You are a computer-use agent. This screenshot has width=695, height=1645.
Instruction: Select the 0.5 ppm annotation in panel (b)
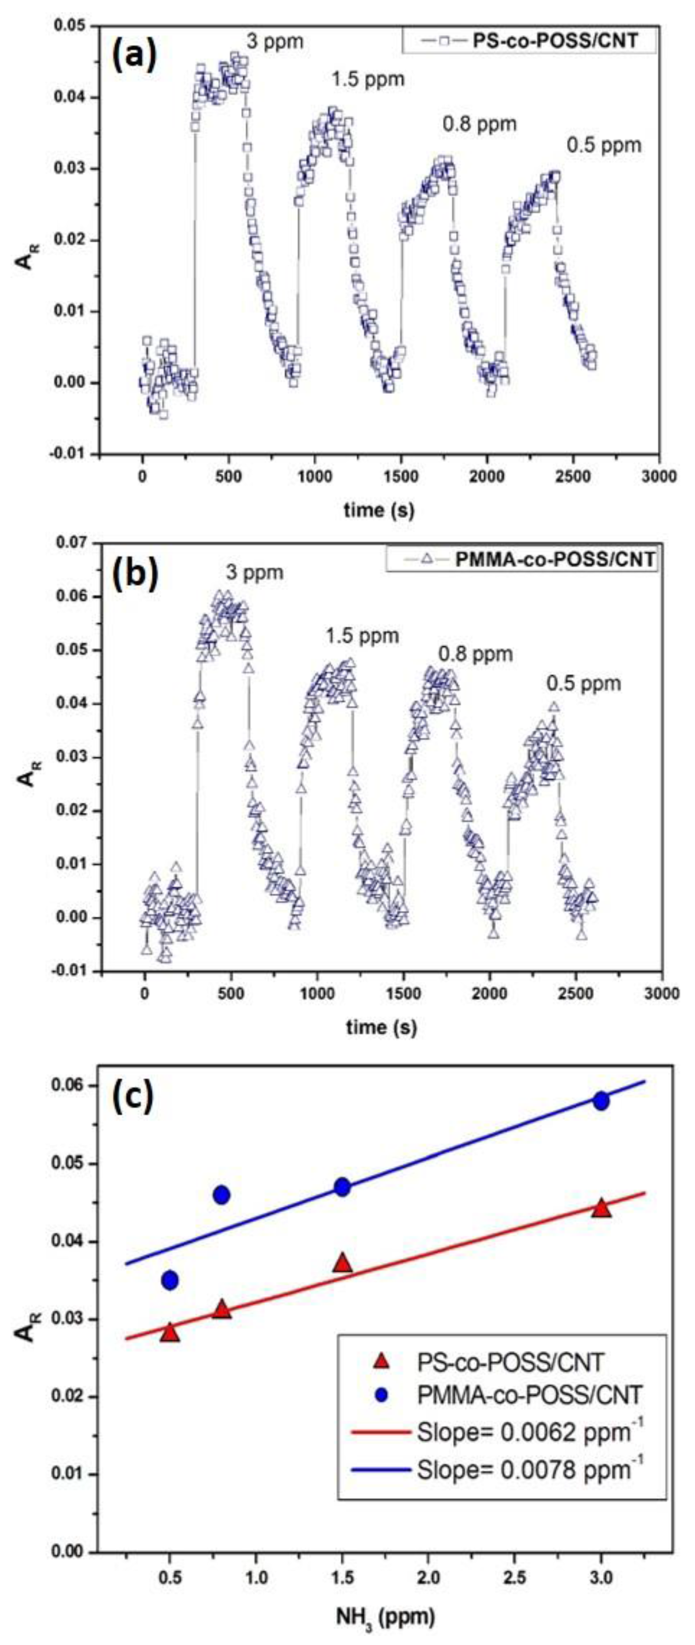click(583, 683)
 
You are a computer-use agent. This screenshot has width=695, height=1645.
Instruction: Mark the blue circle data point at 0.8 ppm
click(222, 1195)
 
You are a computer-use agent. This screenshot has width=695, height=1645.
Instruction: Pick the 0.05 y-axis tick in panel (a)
click(73, 26)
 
